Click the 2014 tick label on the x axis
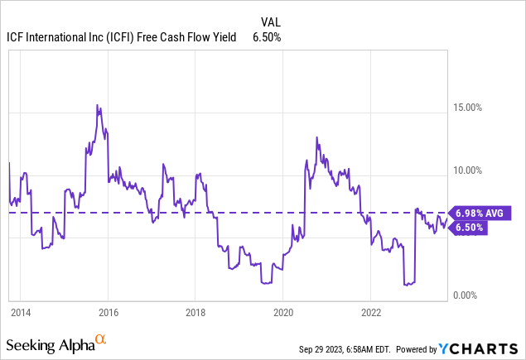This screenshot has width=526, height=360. click(21, 313)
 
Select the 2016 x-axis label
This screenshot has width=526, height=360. click(108, 313)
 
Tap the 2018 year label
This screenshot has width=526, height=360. click(195, 313)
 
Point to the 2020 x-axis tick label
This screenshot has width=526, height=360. click(282, 313)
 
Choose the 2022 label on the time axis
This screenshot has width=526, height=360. click(370, 313)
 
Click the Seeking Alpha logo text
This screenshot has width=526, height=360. click(49, 343)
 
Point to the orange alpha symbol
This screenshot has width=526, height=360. click(100, 340)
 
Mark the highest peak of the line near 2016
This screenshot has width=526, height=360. click(98, 105)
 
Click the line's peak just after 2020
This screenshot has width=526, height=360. click(316, 137)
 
